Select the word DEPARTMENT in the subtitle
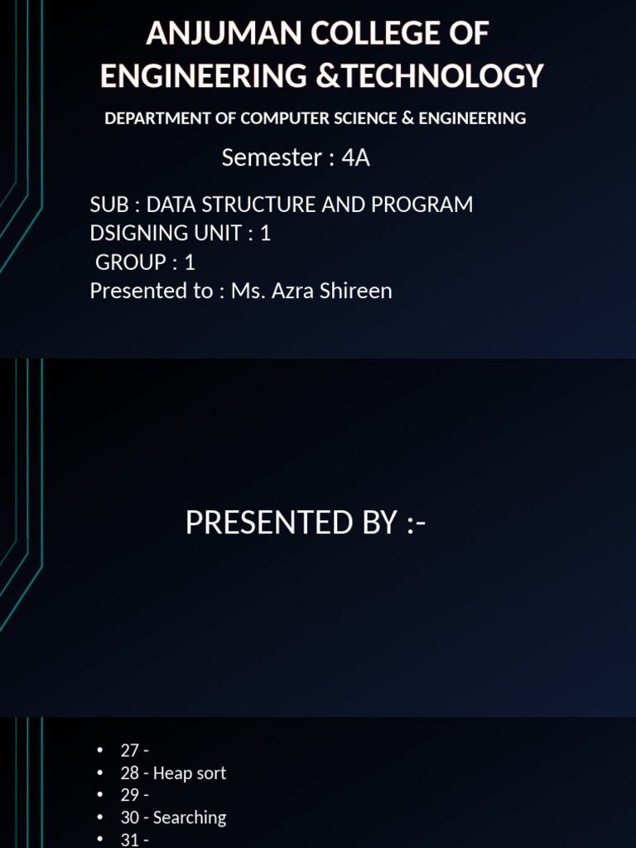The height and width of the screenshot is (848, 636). (158, 118)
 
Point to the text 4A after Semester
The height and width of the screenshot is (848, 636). (355, 157)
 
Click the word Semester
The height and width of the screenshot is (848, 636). (271, 157)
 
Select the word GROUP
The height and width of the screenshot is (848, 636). (131, 263)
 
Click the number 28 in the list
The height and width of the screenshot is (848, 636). (130, 773)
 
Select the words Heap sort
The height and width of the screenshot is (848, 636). (190, 773)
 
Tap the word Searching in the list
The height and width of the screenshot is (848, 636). (190, 818)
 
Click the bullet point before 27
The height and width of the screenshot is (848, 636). (101, 750)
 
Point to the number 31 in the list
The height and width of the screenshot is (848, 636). (130, 840)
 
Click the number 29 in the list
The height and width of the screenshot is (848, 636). (130, 796)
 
